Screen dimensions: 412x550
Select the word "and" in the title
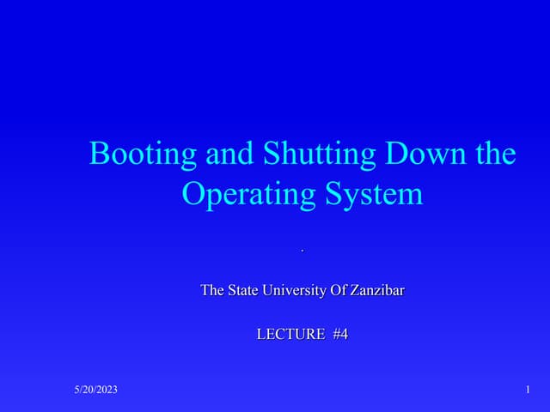pos(228,154)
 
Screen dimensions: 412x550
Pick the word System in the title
pos(371,195)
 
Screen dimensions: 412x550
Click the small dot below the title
pos(302,251)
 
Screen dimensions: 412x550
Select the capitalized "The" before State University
pos(212,290)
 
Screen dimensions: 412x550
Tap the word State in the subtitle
pos(243,290)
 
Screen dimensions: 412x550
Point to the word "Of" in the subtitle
pos(339,290)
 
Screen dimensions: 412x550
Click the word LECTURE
pos(290,335)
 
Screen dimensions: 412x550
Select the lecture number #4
pos(339,335)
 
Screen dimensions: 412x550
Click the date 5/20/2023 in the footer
pos(95,391)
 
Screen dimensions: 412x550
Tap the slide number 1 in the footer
pos(526,391)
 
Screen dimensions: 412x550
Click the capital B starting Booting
pos(99,154)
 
